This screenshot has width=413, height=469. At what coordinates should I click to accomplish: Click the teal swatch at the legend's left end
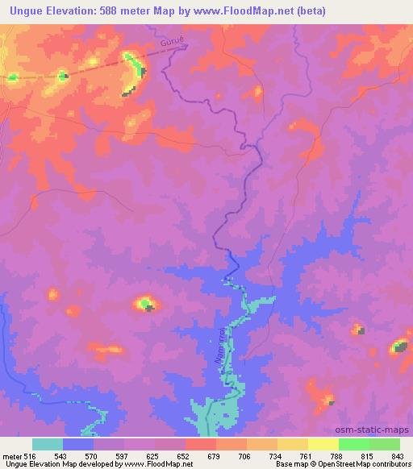pos(48,444)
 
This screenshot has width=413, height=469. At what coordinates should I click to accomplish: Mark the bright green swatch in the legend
pos(354,444)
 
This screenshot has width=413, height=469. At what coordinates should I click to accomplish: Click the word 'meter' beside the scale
pos(11,457)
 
